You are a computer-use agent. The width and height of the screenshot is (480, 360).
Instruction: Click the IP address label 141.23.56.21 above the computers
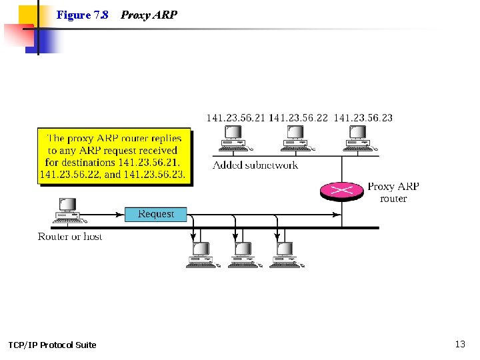(235, 118)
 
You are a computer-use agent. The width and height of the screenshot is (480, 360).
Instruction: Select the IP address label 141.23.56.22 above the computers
(299, 118)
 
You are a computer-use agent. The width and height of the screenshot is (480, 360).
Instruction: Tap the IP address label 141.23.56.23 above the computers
(363, 118)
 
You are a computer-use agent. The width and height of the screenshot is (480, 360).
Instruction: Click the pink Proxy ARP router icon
(342, 190)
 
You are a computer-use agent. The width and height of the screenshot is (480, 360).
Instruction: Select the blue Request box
(156, 214)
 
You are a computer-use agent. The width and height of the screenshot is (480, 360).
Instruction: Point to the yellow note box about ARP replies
(114, 156)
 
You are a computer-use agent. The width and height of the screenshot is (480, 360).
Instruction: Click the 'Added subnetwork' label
(255, 165)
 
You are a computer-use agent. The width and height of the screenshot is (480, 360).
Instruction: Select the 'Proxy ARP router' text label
(393, 192)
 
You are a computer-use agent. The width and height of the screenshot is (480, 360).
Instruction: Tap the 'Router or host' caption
(70, 237)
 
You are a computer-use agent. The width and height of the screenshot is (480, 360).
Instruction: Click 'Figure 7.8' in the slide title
(83, 15)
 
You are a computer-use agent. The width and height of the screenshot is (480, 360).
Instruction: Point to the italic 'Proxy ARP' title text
(149, 15)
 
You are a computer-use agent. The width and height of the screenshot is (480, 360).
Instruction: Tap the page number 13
(460, 344)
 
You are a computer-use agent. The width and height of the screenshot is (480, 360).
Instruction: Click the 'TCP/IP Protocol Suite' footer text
(52, 345)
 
